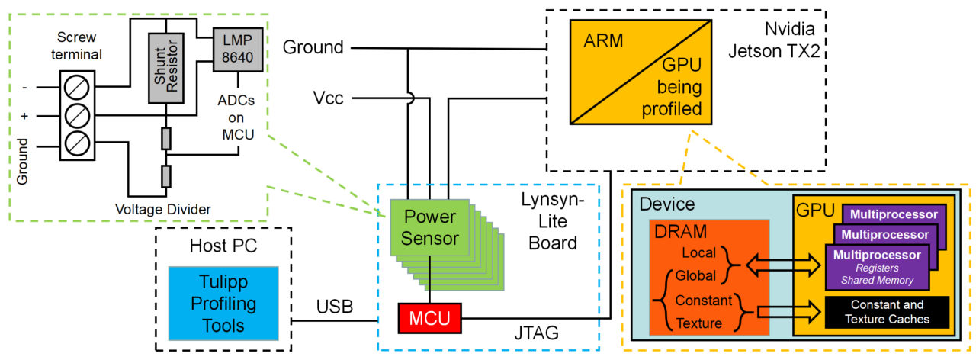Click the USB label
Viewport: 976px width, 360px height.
335,307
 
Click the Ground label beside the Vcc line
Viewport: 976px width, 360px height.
313,47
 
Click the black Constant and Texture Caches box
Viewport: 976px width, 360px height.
884,312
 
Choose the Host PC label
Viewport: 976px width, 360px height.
223,246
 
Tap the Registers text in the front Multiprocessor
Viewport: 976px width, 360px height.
877,268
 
